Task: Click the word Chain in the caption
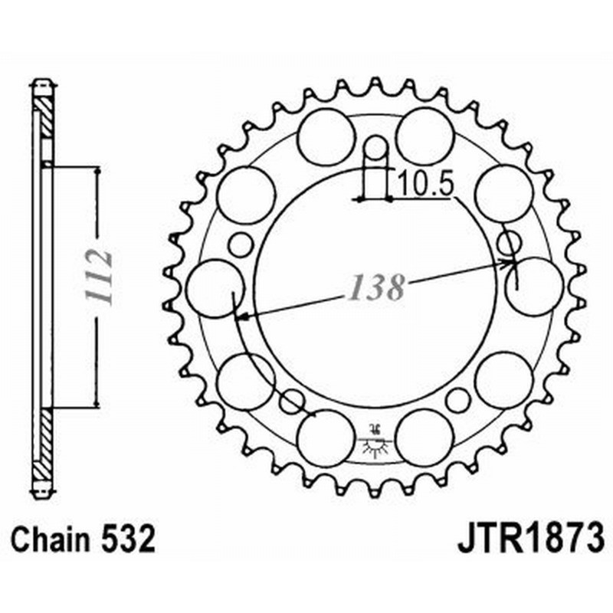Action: (48, 539)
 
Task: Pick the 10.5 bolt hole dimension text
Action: (416, 184)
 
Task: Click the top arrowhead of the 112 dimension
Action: (97, 170)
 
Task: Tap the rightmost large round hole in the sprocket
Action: (534, 286)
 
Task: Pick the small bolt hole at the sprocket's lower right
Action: (457, 400)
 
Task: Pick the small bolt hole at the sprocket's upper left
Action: (241, 245)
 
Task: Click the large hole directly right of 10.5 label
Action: (503, 193)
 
